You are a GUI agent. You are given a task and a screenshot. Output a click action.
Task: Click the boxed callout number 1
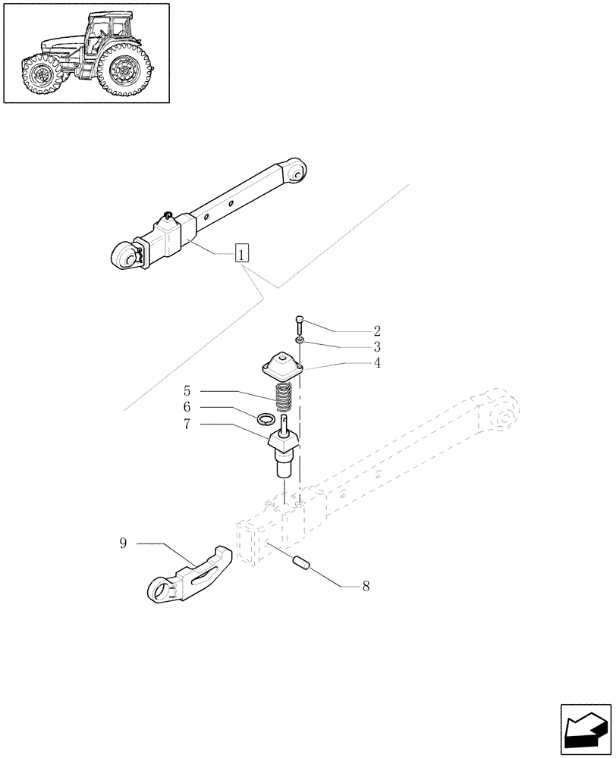point(241,254)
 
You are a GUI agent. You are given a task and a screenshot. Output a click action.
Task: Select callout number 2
point(376,331)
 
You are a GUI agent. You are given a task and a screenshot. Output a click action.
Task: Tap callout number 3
point(376,346)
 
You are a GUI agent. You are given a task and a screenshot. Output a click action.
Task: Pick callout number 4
point(376,362)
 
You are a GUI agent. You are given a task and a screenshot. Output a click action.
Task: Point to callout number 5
point(187,391)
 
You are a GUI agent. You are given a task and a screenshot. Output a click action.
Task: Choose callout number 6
point(187,408)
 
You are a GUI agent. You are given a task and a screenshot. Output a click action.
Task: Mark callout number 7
point(187,424)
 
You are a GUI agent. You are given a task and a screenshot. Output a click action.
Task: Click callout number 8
point(366,585)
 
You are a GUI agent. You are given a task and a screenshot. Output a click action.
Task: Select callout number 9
point(123,543)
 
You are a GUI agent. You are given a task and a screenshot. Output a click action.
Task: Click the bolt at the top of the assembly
point(300,327)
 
